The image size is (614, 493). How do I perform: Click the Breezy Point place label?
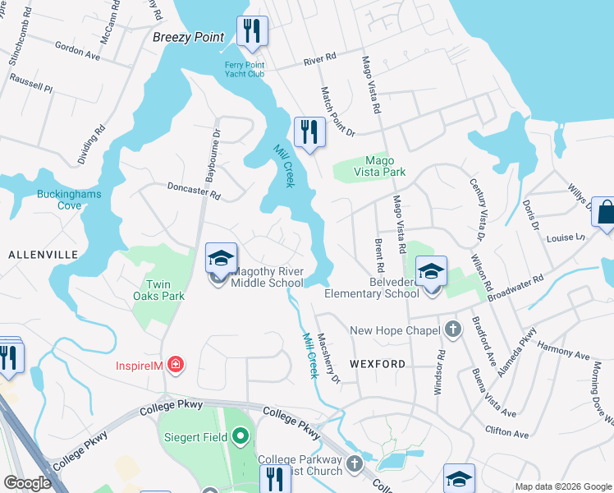[188, 37]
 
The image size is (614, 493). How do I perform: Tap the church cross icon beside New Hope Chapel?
[452, 330]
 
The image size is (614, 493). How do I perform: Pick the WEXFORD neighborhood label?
[378, 363]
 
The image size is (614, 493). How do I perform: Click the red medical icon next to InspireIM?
[174, 364]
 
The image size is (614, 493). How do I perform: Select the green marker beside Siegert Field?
[240, 435]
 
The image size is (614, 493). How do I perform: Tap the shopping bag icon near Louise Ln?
[605, 211]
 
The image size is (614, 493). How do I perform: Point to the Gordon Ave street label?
[77, 51]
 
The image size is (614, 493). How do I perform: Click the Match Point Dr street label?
[337, 112]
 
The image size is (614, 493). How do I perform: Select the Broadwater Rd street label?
[515, 288]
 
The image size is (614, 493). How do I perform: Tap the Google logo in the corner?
[28, 483]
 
